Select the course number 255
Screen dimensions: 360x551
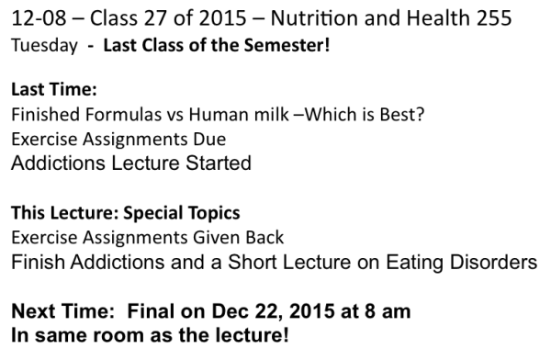click(487, 18)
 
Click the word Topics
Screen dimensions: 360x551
click(214, 213)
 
